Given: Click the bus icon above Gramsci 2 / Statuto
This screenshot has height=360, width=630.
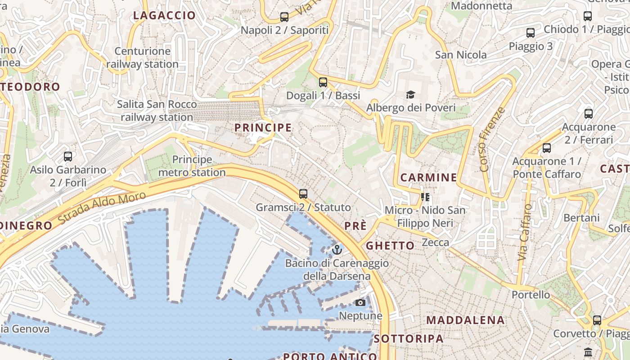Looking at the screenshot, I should click(303, 194).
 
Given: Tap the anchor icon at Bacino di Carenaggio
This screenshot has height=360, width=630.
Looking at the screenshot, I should click(337, 249).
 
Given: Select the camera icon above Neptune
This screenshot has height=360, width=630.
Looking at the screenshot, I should click(360, 303).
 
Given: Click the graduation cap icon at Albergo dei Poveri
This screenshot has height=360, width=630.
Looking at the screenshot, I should click(410, 94).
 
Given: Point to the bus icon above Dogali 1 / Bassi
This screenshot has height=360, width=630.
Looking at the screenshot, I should click(323, 82).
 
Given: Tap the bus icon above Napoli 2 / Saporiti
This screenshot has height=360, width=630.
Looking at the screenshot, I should click(284, 17).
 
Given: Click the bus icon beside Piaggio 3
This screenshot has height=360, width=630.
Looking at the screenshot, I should click(531, 33).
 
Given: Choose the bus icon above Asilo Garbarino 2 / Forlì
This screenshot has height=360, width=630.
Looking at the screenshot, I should click(68, 157).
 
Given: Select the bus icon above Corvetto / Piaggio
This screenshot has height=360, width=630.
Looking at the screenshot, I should click(597, 320).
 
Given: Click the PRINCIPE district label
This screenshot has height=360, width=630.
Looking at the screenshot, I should click(263, 128).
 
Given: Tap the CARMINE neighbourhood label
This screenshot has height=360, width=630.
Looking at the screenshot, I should click(428, 178).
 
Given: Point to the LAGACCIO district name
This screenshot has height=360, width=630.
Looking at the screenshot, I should click(165, 16).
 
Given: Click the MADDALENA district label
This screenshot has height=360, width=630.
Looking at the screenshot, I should click(465, 320).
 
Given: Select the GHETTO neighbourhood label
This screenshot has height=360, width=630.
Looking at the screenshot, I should click(390, 246).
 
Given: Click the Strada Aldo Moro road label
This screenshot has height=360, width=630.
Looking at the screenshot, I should click(102, 209).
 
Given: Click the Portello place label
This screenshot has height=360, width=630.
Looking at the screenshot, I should click(531, 295).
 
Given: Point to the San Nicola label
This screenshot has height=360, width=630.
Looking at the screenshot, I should click(461, 55).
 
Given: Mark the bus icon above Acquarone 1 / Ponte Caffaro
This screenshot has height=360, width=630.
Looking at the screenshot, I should click(547, 148).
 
